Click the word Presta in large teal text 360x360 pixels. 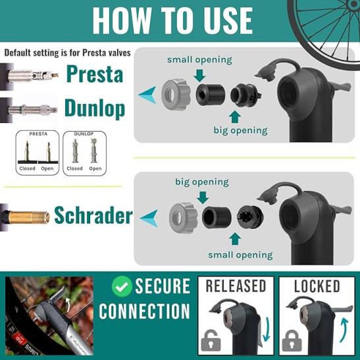click(95, 74)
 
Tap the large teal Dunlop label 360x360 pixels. click(95, 108)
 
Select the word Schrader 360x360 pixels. click(93, 215)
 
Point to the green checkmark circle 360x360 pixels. click(122, 286)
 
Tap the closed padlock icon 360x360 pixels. click(292, 340)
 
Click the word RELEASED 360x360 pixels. click(236, 286)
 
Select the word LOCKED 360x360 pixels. click(317, 286)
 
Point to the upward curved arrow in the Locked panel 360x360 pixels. click(344, 330)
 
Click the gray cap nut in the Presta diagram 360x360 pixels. click(173, 95)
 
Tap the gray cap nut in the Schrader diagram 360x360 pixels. click(183, 218)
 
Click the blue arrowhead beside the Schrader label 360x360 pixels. click(149, 218)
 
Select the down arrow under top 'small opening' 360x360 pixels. click(199, 76)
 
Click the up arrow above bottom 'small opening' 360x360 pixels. click(235, 239)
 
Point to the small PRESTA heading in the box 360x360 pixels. click(38, 134)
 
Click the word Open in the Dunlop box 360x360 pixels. click(95, 168)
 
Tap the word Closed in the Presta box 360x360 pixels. click(28, 168)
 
